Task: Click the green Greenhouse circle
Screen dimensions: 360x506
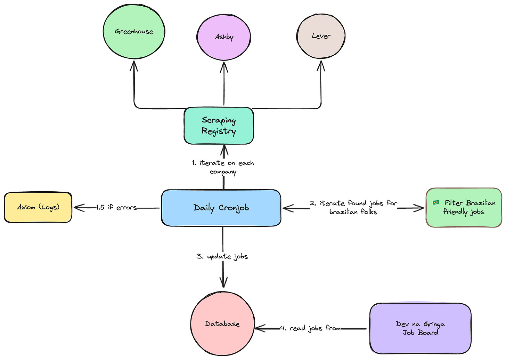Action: (x=134, y=31)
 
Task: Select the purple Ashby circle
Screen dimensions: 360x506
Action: (x=224, y=37)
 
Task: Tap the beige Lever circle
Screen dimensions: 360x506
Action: (x=321, y=36)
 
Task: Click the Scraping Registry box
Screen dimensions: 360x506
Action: (x=219, y=126)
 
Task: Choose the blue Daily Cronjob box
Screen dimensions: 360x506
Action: (x=221, y=208)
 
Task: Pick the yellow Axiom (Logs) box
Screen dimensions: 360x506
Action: (x=38, y=207)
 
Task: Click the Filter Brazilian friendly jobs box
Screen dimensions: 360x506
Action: (x=464, y=208)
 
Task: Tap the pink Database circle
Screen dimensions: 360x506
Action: (x=222, y=324)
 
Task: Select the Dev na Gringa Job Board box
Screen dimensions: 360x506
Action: (x=420, y=328)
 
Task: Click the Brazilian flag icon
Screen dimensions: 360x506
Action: (x=435, y=202)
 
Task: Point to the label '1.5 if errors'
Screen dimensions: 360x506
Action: (x=116, y=208)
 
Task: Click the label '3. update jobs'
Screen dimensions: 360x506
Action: (x=222, y=257)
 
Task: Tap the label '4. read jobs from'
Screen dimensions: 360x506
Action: (x=310, y=328)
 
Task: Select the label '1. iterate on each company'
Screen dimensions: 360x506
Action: (x=223, y=167)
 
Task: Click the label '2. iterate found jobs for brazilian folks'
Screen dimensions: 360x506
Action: (x=353, y=207)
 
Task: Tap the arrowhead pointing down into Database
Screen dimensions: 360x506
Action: (x=223, y=281)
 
